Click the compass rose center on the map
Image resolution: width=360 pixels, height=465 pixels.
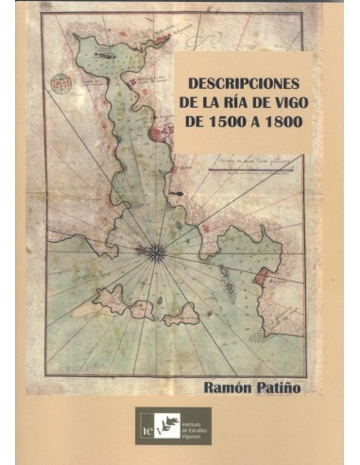(156, 250)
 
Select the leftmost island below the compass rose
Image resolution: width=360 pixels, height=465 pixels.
(110, 301)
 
